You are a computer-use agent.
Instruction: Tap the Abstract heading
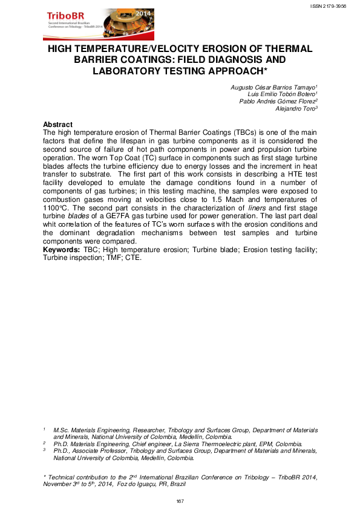pos(58,125)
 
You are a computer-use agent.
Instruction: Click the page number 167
pos(180,501)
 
